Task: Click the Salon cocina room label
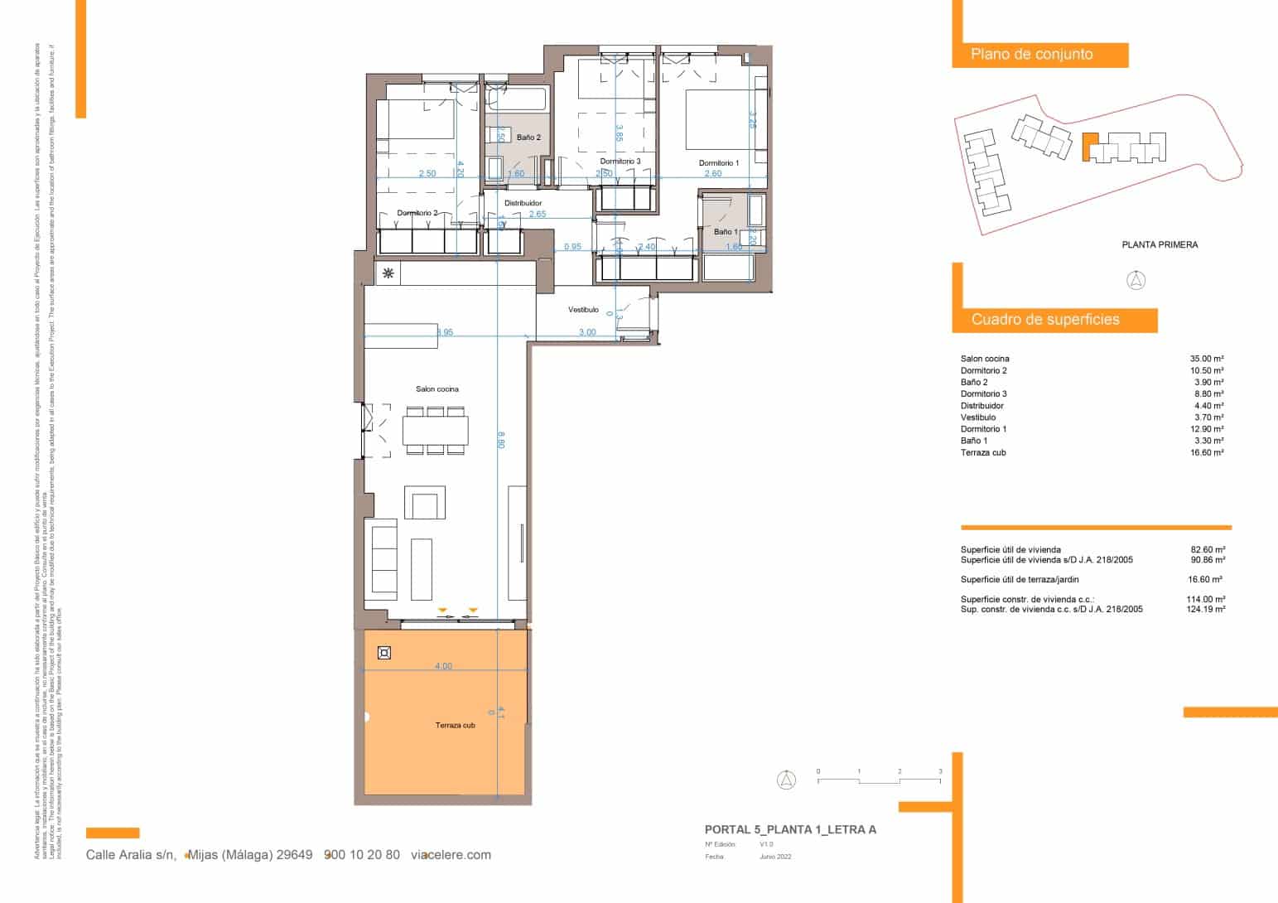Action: coord(436,389)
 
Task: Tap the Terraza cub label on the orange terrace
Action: coord(455,726)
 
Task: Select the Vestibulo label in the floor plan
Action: coord(583,310)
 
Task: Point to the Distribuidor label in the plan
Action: coord(523,203)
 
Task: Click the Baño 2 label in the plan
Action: coord(528,138)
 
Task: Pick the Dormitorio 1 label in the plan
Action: coord(718,163)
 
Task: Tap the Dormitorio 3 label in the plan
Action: coord(620,162)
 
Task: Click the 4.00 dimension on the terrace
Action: coord(443,666)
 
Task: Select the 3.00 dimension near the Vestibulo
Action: coord(586,332)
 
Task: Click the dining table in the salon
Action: coord(435,431)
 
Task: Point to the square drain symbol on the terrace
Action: coord(383,653)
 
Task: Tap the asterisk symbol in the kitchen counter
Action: coord(388,273)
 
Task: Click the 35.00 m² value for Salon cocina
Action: coord(1206,359)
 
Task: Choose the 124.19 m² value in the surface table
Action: coord(1205,609)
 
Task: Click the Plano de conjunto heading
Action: coord(1032,55)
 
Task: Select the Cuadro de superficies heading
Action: coord(1045,320)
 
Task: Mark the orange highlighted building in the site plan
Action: coord(1089,147)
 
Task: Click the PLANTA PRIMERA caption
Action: coord(1159,244)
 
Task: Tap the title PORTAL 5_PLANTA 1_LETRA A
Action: coord(789,829)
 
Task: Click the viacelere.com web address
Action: coord(451,855)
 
